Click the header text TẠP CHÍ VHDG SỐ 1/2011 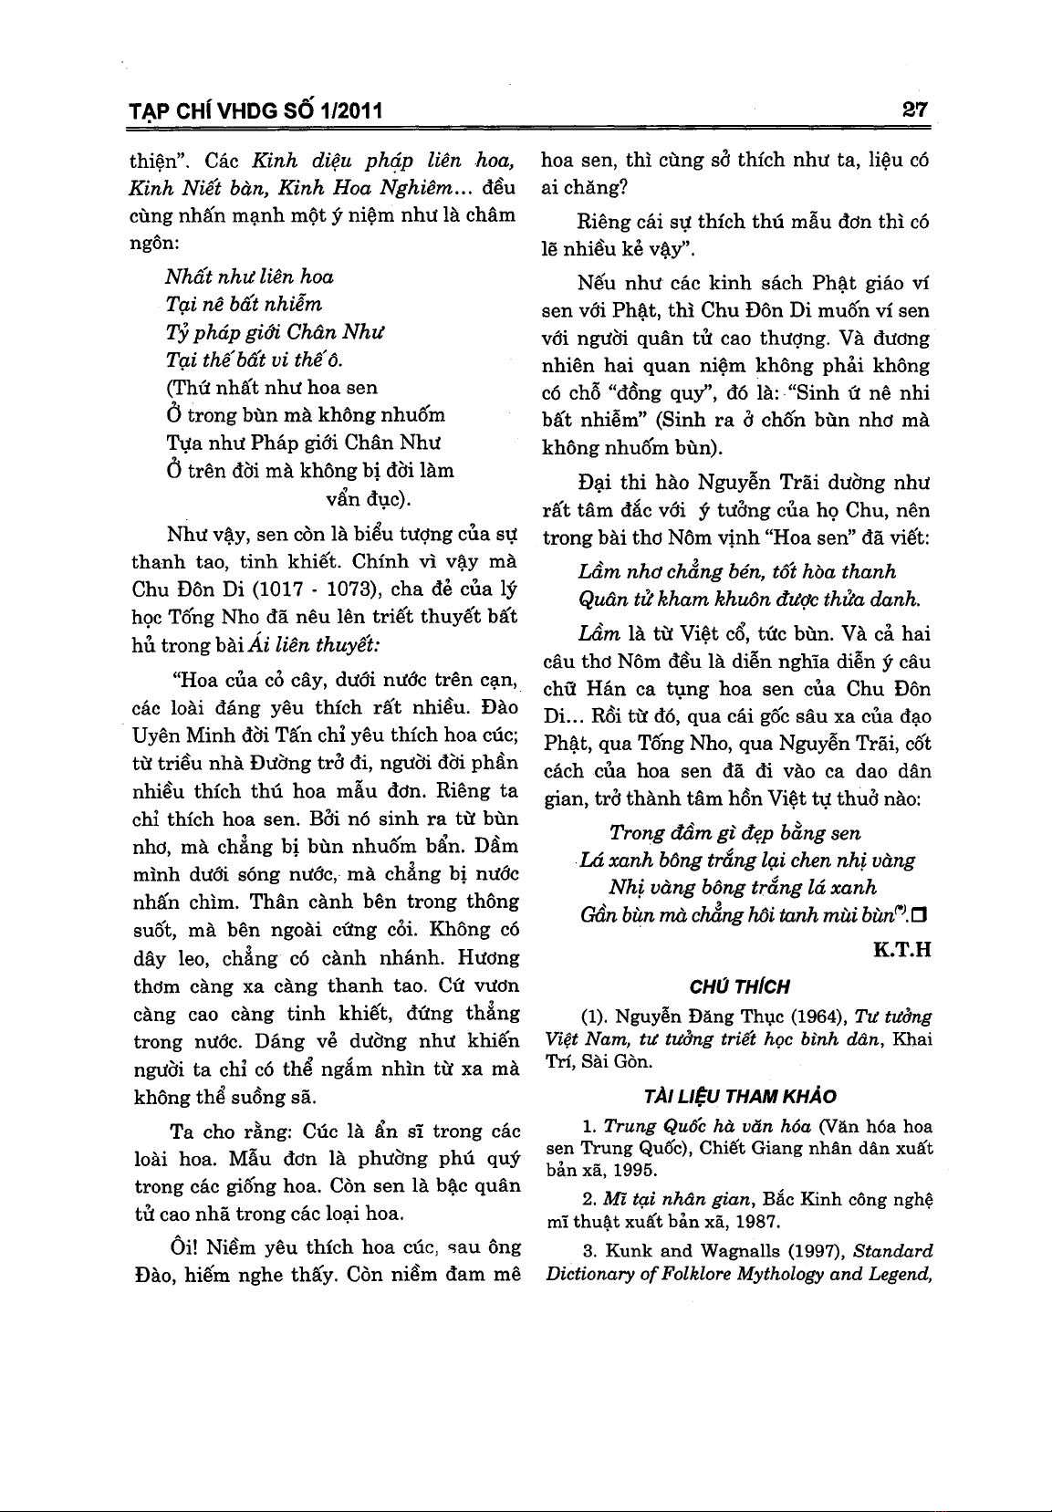[255, 112]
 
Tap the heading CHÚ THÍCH [739, 986]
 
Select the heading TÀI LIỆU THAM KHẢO [739, 1096]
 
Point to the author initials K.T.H [901, 950]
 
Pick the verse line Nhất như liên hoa [249, 276]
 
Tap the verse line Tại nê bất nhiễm [244, 304]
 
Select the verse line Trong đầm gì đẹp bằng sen [735, 832]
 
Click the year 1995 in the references [633, 1169]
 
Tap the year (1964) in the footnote [818, 1017]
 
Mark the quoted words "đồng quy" [658, 393]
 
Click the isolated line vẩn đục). [369, 499]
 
